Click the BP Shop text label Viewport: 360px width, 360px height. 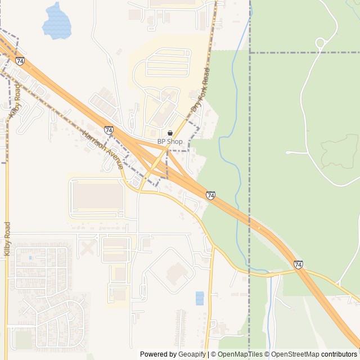click(x=170, y=142)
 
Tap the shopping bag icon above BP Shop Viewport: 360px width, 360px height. click(x=170, y=133)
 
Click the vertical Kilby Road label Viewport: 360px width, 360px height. click(x=7, y=238)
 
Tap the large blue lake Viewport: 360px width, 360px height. click(x=57, y=22)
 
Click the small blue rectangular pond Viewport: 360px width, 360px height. click(x=200, y=298)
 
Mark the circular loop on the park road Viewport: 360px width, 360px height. click(x=320, y=43)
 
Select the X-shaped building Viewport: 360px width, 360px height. click(x=88, y=247)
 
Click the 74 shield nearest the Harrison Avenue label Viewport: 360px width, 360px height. click(x=109, y=130)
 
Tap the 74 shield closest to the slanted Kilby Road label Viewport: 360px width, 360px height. click(x=20, y=61)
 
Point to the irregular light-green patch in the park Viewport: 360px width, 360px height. click(x=339, y=152)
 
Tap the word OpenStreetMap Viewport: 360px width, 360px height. click(x=295, y=354)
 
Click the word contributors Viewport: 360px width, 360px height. click(x=339, y=354)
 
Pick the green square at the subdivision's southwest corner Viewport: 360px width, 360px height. click(x=24, y=340)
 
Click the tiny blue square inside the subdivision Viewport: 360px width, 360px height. click(x=30, y=258)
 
